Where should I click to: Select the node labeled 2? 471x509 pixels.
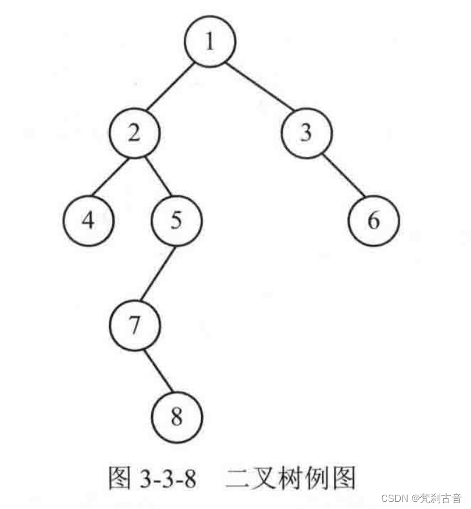[135, 133]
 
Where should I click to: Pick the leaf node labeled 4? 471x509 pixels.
[88, 220]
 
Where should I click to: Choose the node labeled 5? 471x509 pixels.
[177, 220]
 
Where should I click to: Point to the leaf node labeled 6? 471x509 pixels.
[373, 220]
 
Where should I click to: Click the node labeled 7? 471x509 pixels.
[135, 325]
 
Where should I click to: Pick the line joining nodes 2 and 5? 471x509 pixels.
[155, 177]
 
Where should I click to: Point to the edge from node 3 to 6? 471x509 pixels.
[340, 177]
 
